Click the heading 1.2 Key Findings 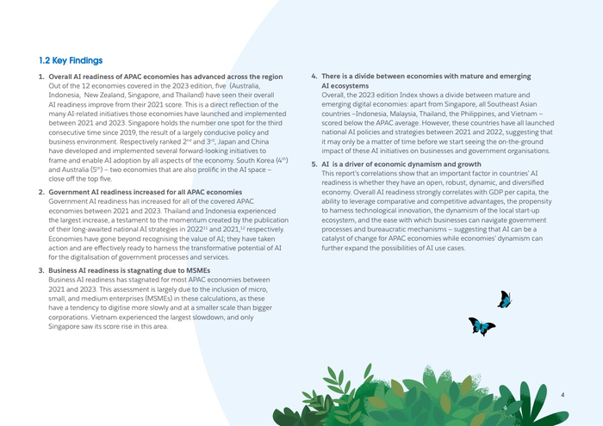point(71,60)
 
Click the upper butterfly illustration point(504,299)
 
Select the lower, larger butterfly point(482,326)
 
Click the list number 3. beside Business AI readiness point(41,270)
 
